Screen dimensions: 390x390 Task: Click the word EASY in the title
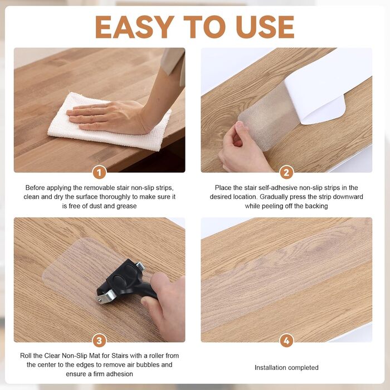pyautogui.click(x=135, y=27)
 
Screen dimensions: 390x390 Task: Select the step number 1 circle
pyautogui.click(x=99, y=173)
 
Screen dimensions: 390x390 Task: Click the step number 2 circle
pyautogui.click(x=286, y=173)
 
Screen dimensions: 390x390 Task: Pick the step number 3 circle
pyautogui.click(x=99, y=341)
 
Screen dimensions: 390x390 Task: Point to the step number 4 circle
pyautogui.click(x=286, y=341)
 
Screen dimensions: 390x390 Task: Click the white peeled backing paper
pyautogui.click(x=328, y=85)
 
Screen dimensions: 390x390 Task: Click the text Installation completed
pyautogui.click(x=286, y=367)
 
